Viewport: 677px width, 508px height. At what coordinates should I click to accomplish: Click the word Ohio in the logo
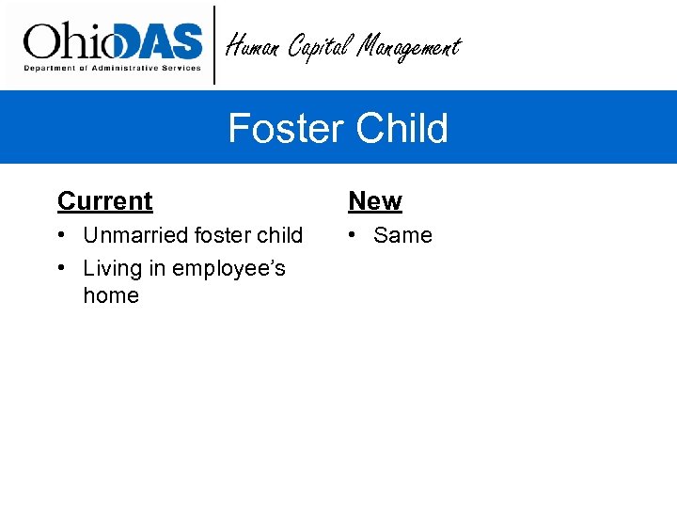(66, 41)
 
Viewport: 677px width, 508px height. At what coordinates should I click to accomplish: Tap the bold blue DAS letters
(154, 41)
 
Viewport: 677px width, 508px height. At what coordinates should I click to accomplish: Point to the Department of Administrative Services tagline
(112, 68)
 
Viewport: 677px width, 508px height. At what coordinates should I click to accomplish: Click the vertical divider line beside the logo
(215, 44)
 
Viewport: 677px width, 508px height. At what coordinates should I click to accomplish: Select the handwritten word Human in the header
(254, 45)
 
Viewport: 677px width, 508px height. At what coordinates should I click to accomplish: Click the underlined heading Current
(104, 201)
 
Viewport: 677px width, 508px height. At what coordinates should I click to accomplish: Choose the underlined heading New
(374, 201)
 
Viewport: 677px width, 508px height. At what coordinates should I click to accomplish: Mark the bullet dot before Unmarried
(61, 235)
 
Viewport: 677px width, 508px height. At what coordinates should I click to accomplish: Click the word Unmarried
(134, 235)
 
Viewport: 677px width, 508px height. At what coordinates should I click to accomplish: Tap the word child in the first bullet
(279, 235)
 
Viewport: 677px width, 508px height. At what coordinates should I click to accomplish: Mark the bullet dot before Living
(61, 268)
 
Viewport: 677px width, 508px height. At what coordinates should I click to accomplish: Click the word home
(111, 295)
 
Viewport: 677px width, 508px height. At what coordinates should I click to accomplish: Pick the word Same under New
(402, 235)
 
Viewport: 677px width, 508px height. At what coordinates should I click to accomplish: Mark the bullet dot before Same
(353, 235)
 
